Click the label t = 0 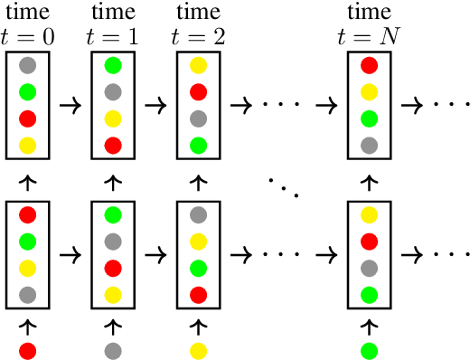click(x=28, y=38)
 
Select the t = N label click(x=370, y=38)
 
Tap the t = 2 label click(x=199, y=38)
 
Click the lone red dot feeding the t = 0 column click(x=28, y=349)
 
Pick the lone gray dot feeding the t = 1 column click(x=113, y=349)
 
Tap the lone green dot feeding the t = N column click(x=370, y=349)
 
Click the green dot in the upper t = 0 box click(x=28, y=91)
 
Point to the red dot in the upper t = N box click(x=370, y=65)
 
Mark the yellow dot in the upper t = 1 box click(x=113, y=118)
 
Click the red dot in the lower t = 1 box click(x=113, y=268)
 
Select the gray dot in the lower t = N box click(x=370, y=268)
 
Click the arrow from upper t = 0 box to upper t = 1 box click(x=70, y=105)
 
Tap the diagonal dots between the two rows click(x=284, y=185)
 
